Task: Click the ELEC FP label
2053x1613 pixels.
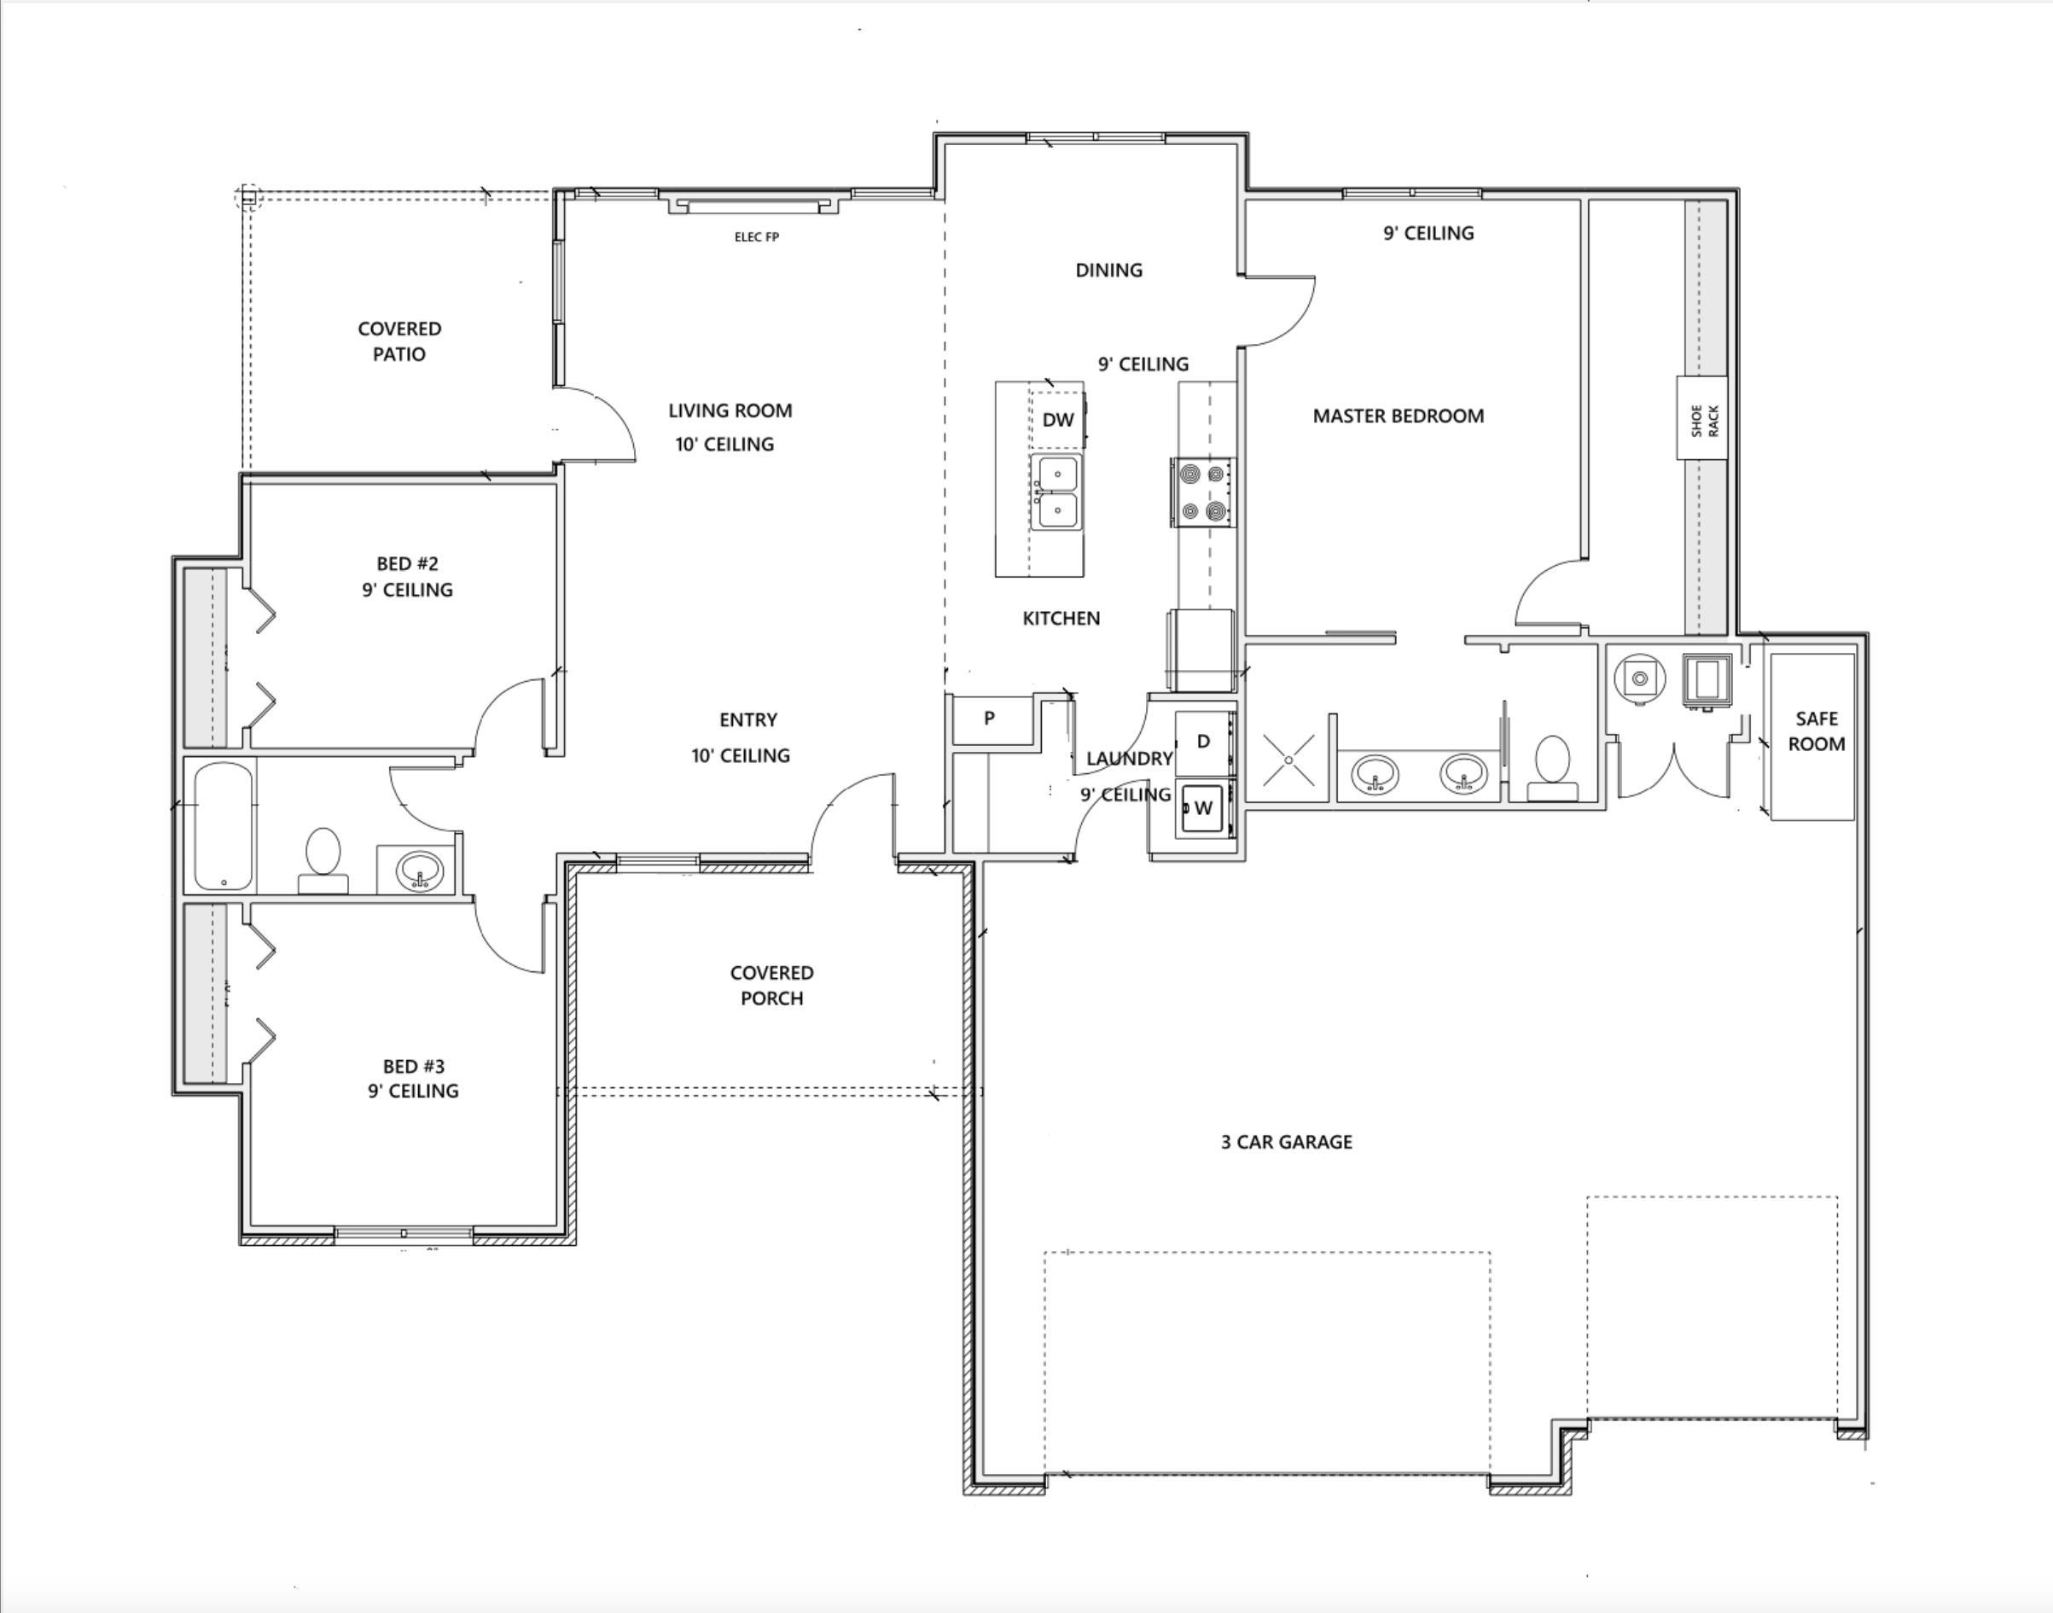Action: pos(756,237)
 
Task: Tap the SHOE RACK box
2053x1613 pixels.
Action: pos(1701,417)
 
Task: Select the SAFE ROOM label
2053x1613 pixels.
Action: pos(1816,731)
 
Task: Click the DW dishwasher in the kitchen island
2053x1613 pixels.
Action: pos(1058,419)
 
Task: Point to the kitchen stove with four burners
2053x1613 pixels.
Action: pos(1203,492)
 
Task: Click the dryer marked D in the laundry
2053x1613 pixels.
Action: pos(1204,742)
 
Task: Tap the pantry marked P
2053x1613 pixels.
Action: pos(990,719)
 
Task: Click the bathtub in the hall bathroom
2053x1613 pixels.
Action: pos(224,827)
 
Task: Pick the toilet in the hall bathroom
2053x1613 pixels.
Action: pos(323,860)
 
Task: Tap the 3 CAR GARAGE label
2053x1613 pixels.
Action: pos(1286,1142)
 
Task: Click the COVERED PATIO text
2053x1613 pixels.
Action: pos(399,341)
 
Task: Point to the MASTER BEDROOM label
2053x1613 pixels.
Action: pos(1398,416)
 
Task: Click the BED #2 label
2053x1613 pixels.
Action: pos(407,564)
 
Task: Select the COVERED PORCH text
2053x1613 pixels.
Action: pos(771,985)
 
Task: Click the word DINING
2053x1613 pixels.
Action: pos(1108,270)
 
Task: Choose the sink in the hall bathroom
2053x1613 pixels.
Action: pos(418,870)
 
